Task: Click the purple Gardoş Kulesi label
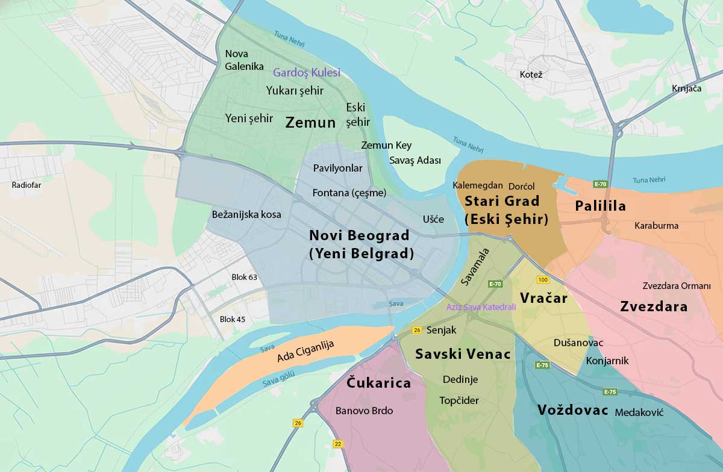coord(306,73)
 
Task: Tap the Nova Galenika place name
coord(244,60)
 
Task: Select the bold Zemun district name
coord(310,123)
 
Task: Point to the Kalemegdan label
coord(478,185)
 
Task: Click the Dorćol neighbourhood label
coord(521,187)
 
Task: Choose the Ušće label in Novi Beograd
coord(433,219)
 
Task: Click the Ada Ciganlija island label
coord(305,351)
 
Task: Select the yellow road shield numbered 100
coord(543,280)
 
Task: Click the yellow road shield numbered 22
coord(337,444)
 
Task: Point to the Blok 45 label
coord(233,319)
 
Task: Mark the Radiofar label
coord(27,185)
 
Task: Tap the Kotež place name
coord(531,75)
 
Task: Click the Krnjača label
coord(687,88)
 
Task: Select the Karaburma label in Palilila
coord(656,226)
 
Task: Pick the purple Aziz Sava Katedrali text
coord(481,307)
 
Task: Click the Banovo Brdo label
coord(364,411)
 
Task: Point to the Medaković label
coord(639,413)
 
